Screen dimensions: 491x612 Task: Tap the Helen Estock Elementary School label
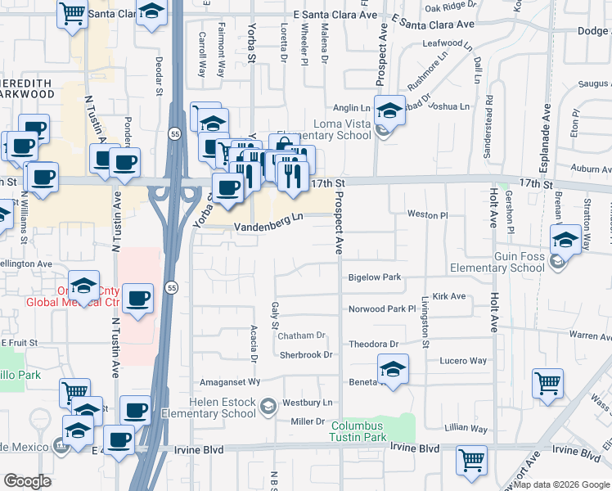[x=223, y=408]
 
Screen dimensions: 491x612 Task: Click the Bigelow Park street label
[x=375, y=277]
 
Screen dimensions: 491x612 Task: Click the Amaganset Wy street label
[x=231, y=381]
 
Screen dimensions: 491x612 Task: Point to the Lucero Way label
[x=463, y=361]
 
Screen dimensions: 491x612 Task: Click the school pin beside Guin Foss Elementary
[x=565, y=239]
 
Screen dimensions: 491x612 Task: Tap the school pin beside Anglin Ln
[x=389, y=110]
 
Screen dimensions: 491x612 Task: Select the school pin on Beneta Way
[x=393, y=369]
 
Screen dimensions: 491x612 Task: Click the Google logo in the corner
[x=27, y=481]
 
